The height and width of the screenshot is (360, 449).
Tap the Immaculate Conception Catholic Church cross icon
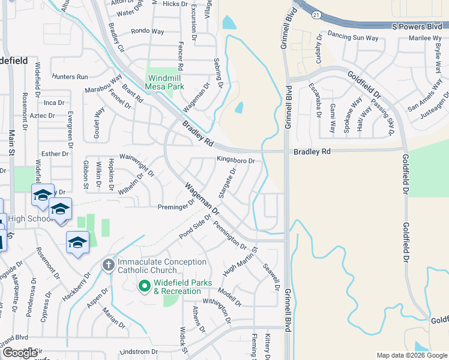coord(109,265)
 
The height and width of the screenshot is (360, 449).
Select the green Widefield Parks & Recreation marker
coord(144,287)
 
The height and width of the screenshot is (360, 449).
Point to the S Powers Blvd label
coord(416,26)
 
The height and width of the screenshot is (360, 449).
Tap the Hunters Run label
coord(70,77)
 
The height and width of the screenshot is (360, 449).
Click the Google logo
coord(20,353)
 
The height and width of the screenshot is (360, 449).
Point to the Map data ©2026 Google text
coord(411,355)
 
